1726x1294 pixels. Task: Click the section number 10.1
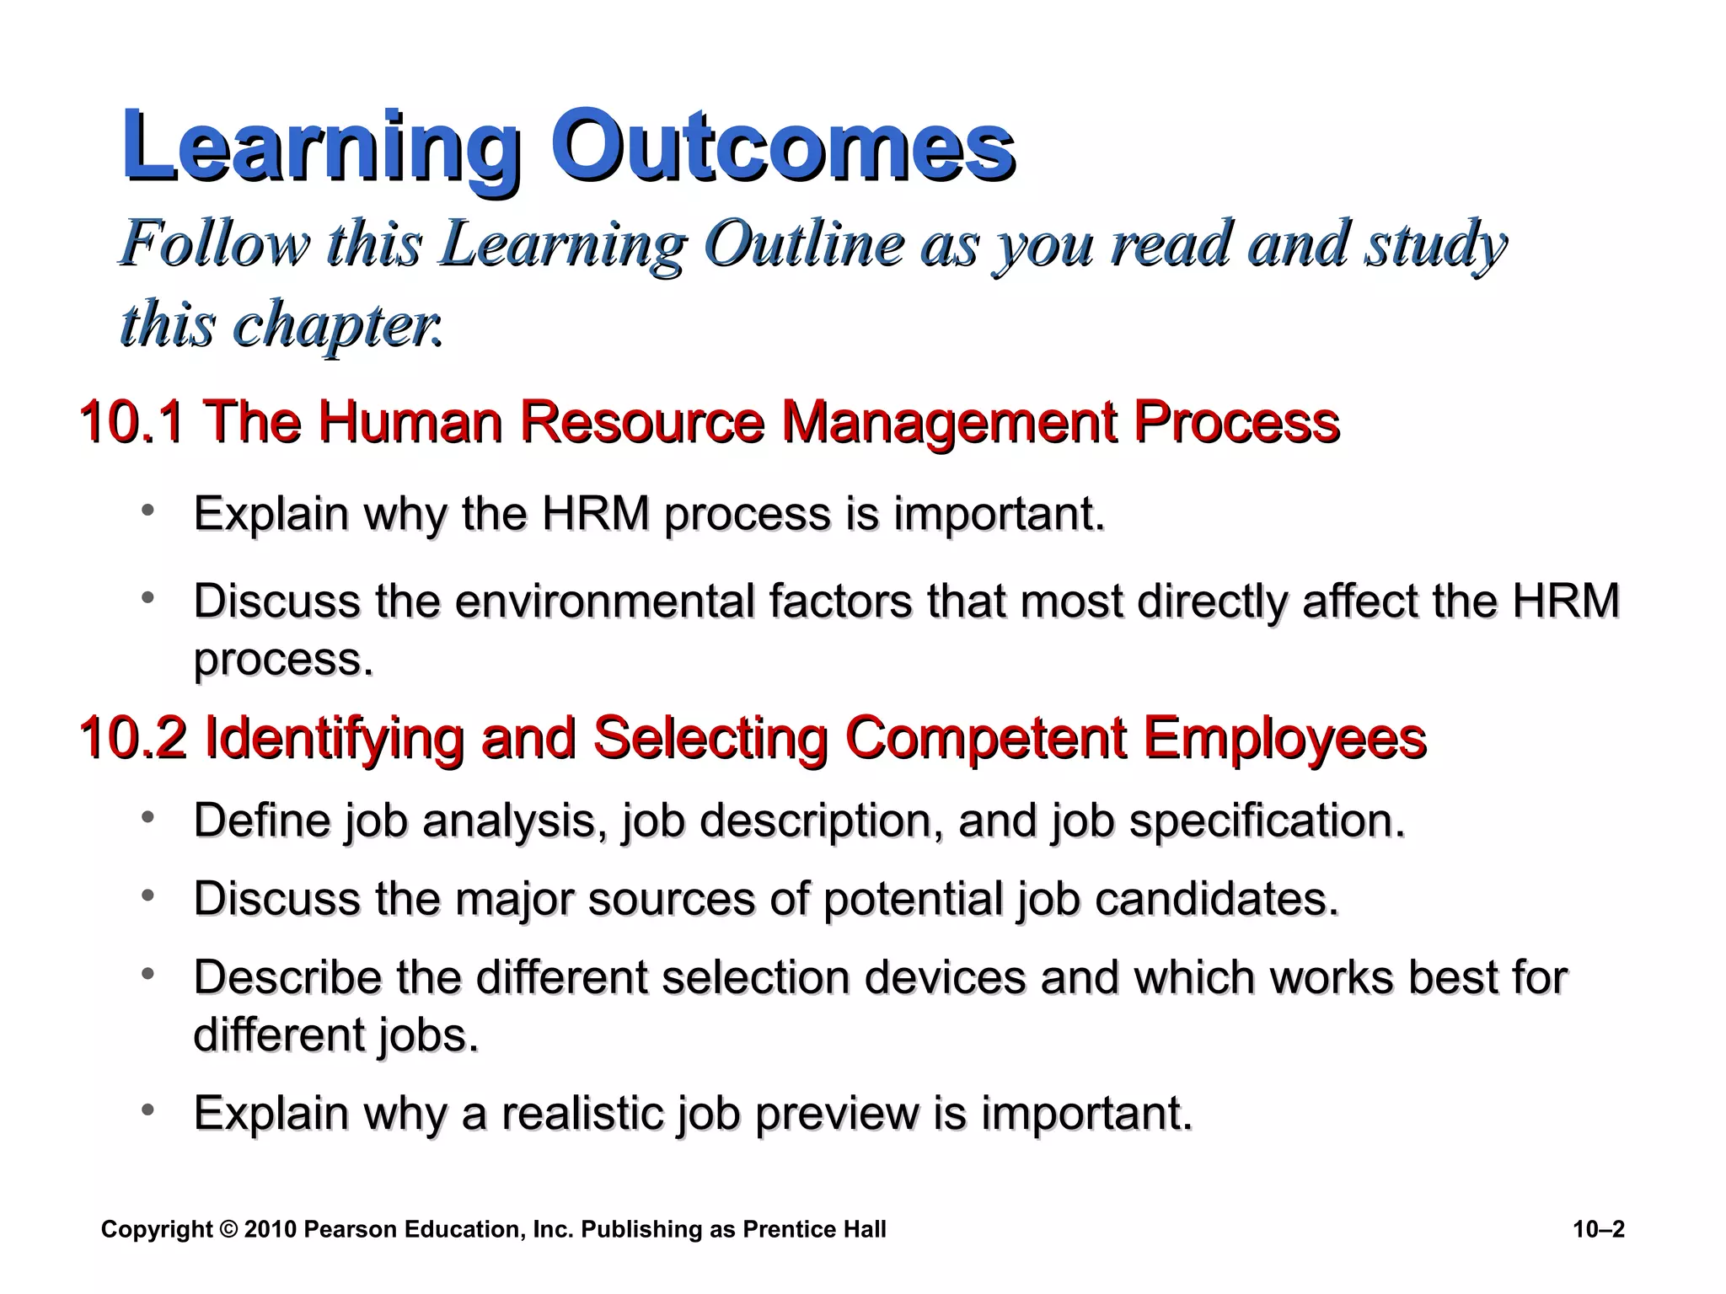[131, 421]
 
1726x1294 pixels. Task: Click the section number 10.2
[131, 738]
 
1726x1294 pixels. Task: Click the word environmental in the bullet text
[683, 602]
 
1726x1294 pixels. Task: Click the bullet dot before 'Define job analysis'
[148, 816]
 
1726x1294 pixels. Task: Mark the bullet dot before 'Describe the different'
[148, 974]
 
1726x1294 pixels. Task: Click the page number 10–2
[1598, 1230]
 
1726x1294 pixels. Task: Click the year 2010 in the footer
[271, 1230]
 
